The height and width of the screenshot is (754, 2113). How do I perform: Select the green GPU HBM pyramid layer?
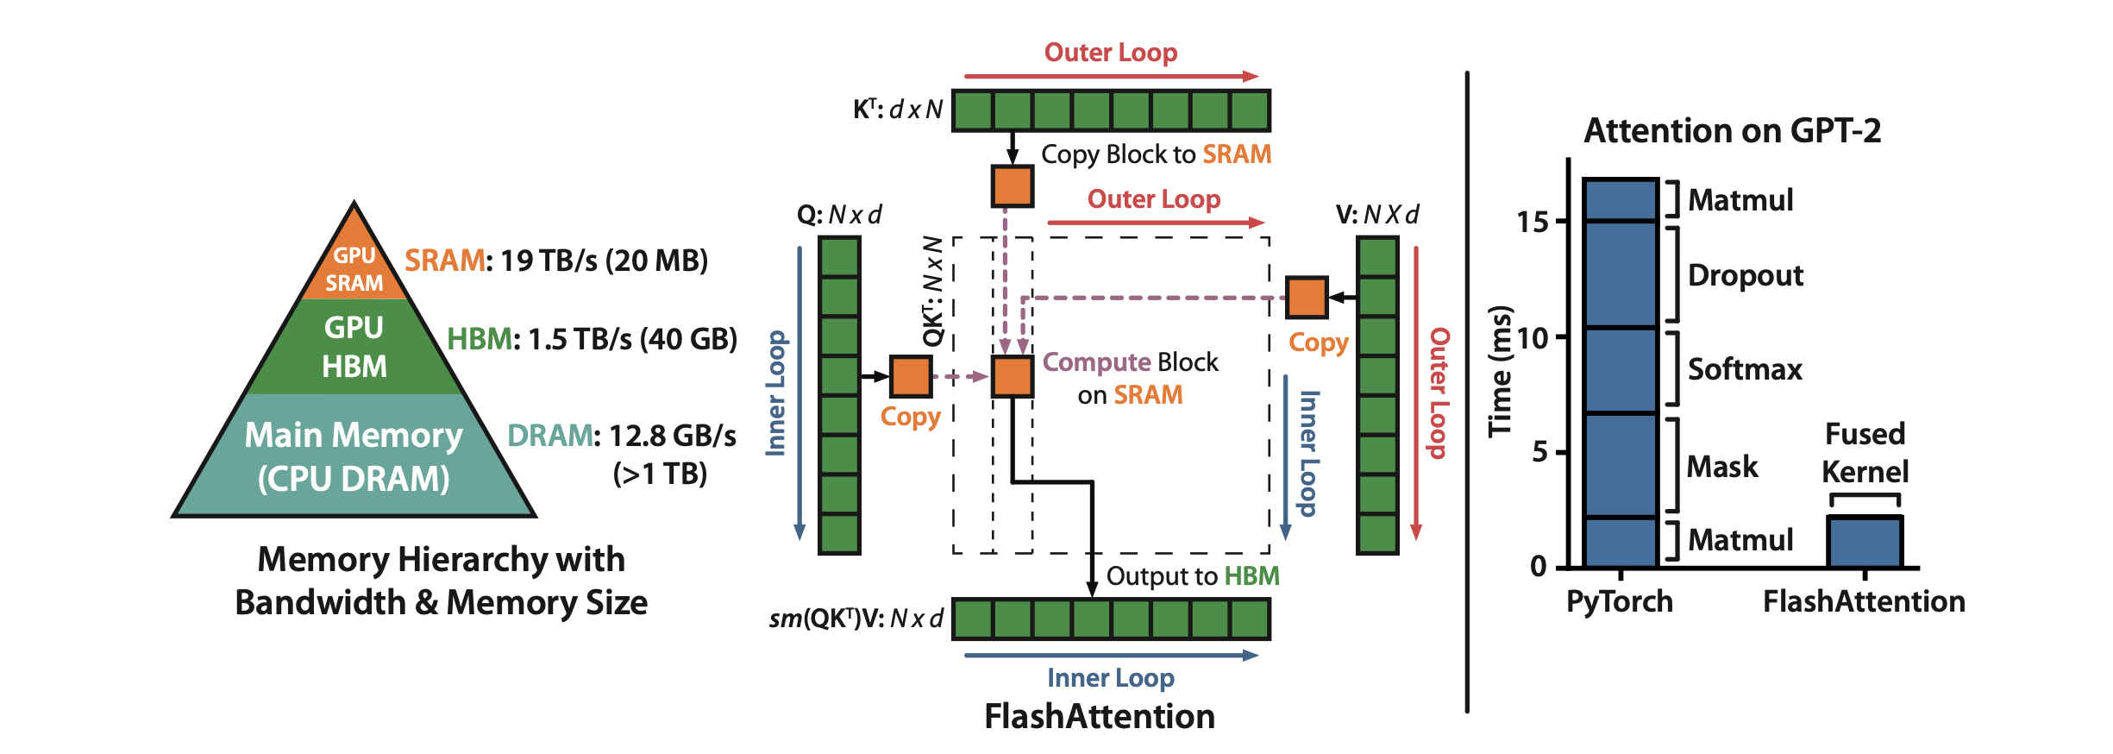pos(354,347)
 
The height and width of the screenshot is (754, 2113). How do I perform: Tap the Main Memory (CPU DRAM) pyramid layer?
pos(354,456)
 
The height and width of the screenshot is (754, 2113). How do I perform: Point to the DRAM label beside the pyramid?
pos(549,436)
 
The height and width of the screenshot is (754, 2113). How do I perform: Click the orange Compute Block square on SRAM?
pos(1012,377)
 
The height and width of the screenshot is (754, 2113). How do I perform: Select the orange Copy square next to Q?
pos(911,377)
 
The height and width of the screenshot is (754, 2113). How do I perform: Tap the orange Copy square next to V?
pos(1307,298)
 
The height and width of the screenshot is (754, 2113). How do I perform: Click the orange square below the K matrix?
pos(1012,186)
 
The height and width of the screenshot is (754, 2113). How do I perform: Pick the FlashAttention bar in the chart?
pos(1865,542)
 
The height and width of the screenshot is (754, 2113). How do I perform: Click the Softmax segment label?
pos(1745,369)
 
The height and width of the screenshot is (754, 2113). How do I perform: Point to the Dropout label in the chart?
pos(1746,275)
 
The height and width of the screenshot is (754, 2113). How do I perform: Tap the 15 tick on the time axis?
pos(1533,222)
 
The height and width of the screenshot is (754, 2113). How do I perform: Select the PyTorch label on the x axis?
pos(1620,601)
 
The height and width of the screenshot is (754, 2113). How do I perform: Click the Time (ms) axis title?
pos(1501,371)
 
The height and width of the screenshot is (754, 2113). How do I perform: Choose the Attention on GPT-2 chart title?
pos(1732,131)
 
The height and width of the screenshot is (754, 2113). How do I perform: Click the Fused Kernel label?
pos(1865,453)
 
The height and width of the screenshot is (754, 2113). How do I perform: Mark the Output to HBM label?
pos(1193,576)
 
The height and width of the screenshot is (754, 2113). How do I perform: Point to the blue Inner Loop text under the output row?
pos(1111,678)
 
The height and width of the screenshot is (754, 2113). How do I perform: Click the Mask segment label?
pos(1722,467)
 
